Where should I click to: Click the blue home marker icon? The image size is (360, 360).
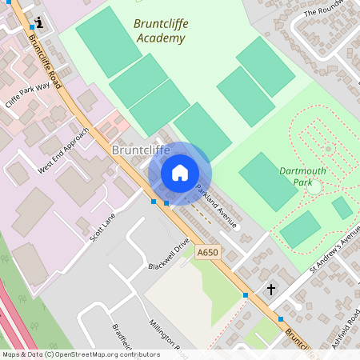(180, 173)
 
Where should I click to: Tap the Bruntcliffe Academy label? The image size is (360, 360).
(161, 30)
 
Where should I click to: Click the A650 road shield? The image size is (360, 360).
(207, 252)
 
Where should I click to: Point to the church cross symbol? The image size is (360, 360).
(270, 289)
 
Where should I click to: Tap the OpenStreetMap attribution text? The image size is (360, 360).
(80, 354)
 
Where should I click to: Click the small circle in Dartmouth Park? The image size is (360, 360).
(314, 187)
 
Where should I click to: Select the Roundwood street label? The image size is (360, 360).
(339, 10)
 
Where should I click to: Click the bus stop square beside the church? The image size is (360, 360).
(246, 295)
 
